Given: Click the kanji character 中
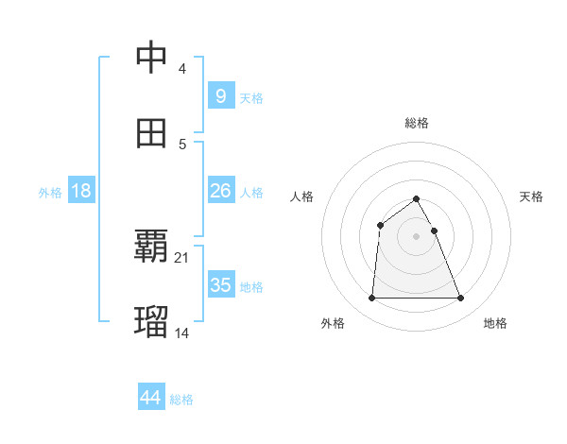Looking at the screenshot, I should (x=152, y=59).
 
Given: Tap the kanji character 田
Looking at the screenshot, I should (x=152, y=133).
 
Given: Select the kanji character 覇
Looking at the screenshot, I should (x=152, y=248).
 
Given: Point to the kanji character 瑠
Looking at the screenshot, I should (x=152, y=322).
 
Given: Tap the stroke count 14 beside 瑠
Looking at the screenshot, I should (x=182, y=333).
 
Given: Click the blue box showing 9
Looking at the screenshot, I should (x=220, y=96).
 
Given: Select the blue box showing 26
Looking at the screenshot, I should (x=220, y=191).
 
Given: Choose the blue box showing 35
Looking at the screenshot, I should (x=220, y=285).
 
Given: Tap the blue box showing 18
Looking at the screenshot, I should (x=81, y=191).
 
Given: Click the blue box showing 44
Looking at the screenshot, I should (x=150, y=399).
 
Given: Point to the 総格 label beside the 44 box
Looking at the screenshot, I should (x=181, y=400).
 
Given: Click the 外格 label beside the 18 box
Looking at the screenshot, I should (x=50, y=192).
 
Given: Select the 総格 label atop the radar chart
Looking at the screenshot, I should (x=417, y=123).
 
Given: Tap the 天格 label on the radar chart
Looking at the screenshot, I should (x=531, y=196).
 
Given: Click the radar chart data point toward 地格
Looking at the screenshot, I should (x=461, y=299).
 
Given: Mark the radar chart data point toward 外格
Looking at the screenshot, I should (x=371, y=299).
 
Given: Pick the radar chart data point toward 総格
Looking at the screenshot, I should (x=417, y=199).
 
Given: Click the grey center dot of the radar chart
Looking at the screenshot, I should (x=417, y=236).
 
